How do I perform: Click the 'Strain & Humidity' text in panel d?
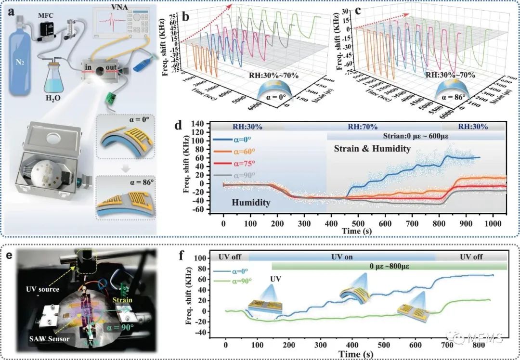(x=372, y=149)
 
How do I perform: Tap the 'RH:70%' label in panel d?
(x=359, y=127)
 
